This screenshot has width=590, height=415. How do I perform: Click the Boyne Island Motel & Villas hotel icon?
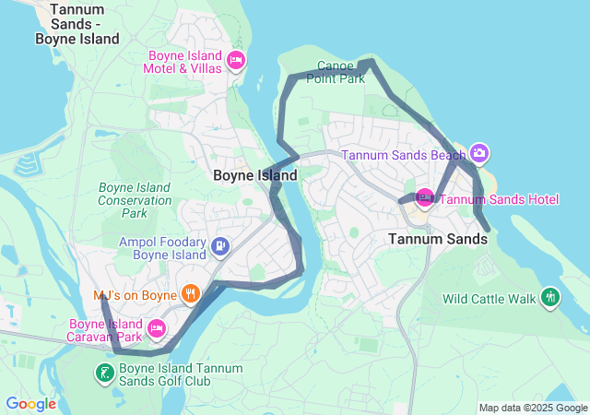click(x=235, y=61)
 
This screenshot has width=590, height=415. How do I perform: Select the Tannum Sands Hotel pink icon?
click(x=425, y=197)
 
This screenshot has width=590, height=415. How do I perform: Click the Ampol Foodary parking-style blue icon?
click(x=220, y=246)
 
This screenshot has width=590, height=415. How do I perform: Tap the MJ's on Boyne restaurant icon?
click(x=191, y=294)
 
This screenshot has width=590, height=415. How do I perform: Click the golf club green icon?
click(x=105, y=373)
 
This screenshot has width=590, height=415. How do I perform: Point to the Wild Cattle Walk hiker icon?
click(x=550, y=297)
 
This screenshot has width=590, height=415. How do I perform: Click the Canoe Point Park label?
click(x=341, y=72)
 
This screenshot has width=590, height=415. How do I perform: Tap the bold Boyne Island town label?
click(x=254, y=175)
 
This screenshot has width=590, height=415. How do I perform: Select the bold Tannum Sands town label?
click(x=437, y=239)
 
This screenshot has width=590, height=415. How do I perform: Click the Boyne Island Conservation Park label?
click(x=135, y=200)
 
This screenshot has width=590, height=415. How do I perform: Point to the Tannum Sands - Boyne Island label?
click(x=77, y=24)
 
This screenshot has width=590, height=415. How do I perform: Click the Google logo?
click(x=30, y=404)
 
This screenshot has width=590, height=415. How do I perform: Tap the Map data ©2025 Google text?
click(x=532, y=408)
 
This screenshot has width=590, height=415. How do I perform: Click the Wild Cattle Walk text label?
click(x=489, y=299)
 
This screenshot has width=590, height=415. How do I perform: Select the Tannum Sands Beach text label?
click(x=404, y=155)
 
